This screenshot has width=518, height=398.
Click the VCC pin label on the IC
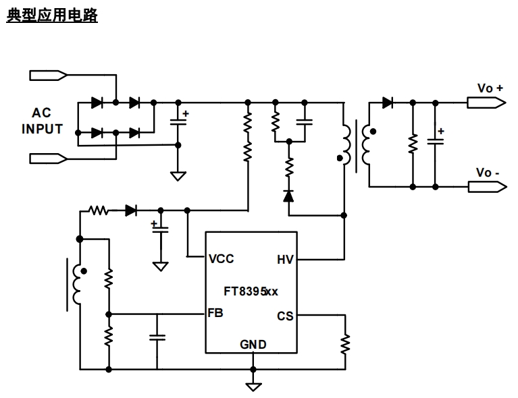coord(223,258)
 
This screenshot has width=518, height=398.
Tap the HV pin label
coord(285,258)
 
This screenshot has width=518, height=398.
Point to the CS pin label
coord(285,315)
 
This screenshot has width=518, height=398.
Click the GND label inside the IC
coord(253,345)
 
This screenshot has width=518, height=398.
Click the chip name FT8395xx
coord(251,291)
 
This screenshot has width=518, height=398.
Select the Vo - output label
coord(488,173)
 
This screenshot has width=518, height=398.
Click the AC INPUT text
coord(41,121)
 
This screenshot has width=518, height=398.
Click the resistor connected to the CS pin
coord(345,343)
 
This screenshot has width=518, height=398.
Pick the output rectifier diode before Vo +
coord(388,103)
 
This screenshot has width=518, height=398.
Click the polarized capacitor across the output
coord(436,142)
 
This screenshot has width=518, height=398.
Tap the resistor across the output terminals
coord(413,144)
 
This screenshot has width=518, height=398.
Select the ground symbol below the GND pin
coord(253,387)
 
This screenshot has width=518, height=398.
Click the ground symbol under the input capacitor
coord(178,176)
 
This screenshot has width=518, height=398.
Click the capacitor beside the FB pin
coord(157,337)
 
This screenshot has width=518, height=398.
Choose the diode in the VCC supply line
coord(131,210)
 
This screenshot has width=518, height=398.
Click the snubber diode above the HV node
coord(289,196)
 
